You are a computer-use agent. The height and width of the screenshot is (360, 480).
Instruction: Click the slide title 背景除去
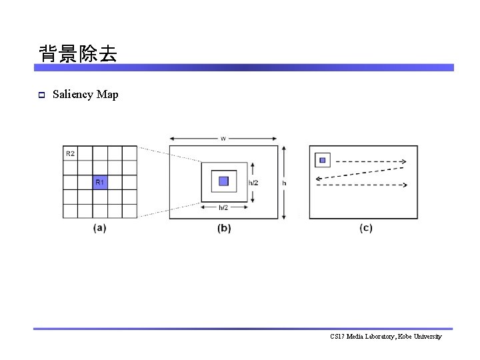coord(78,53)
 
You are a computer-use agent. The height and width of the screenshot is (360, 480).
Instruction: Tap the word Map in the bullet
coord(107,95)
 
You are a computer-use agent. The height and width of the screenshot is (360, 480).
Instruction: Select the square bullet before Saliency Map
coord(41,95)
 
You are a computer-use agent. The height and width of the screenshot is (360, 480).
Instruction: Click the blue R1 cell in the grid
coord(99,182)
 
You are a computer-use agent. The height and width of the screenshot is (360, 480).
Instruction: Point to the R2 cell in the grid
coord(70,153)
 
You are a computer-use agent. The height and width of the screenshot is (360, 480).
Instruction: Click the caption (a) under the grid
coord(100,228)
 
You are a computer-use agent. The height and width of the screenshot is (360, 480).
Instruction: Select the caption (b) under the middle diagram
coord(224,228)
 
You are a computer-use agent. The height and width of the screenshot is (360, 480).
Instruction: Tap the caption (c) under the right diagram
coord(366,228)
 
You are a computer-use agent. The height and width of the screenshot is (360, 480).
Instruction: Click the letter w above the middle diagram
coord(223,139)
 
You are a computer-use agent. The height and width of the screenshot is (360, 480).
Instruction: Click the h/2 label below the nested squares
coord(224,207)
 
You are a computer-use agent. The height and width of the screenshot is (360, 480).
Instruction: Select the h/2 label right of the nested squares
coord(254,182)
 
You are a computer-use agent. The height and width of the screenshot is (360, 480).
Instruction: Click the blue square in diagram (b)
coord(223,181)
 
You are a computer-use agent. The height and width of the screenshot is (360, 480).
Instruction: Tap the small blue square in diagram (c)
coord(323,160)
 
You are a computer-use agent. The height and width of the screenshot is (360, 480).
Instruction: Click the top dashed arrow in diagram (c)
coord(371,161)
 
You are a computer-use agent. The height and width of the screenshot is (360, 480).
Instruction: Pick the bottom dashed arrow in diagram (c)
coord(363,185)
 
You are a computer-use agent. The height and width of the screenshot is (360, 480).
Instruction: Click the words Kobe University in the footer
coord(419,337)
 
